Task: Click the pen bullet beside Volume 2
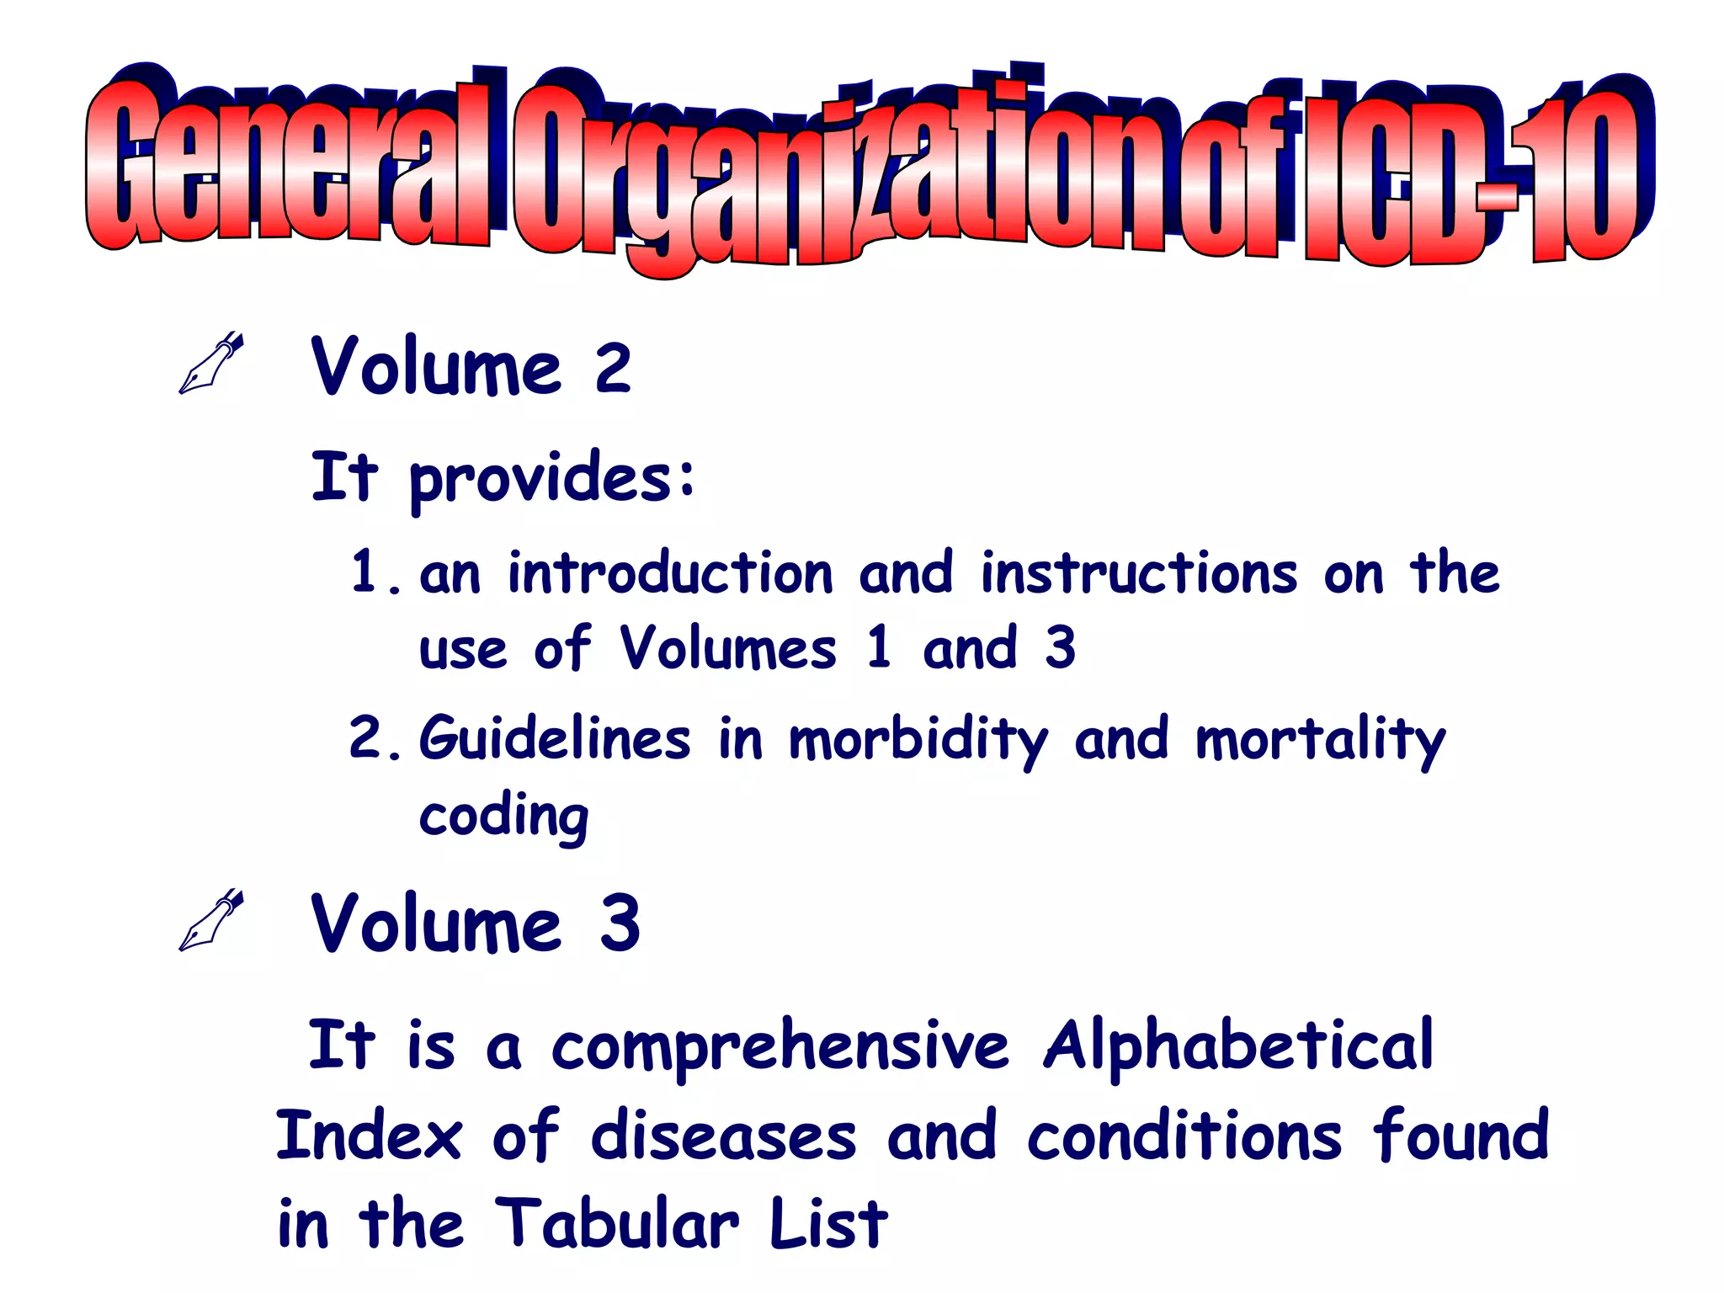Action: pyautogui.click(x=210, y=364)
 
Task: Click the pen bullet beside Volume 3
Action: pyautogui.click(x=210, y=920)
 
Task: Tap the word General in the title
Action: pyautogui.click(x=286, y=168)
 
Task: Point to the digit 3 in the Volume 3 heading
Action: pyautogui.click(x=620, y=923)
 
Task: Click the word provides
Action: pyautogui.click(x=552, y=478)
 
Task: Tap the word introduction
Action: pyautogui.click(x=670, y=574)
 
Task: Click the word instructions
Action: pyautogui.click(x=1139, y=574)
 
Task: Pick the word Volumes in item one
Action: pyautogui.click(x=728, y=649)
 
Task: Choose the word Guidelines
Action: pyautogui.click(x=555, y=738)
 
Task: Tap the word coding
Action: pyautogui.click(x=504, y=817)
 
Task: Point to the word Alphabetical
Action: pyautogui.click(x=1237, y=1046)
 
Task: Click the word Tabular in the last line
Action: pyautogui.click(x=616, y=1222)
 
